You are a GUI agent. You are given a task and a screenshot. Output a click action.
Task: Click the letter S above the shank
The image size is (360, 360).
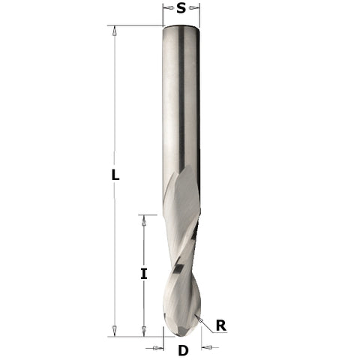pyautogui.click(x=181, y=9)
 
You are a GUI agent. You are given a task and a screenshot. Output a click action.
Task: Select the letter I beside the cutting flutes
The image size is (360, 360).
pyautogui.click(x=143, y=274)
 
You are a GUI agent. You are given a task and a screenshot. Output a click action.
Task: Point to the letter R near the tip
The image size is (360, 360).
pyautogui.click(x=220, y=325)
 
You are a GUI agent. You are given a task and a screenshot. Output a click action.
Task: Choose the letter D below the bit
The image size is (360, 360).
pyautogui.click(x=182, y=350)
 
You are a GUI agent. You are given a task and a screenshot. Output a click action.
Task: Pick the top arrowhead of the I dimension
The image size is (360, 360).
pyautogui.click(x=143, y=220)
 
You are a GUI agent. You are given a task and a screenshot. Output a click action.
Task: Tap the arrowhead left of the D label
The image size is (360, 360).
pyautogui.click(x=160, y=348)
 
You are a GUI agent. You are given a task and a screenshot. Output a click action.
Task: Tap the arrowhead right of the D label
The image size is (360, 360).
pyautogui.click(x=207, y=348)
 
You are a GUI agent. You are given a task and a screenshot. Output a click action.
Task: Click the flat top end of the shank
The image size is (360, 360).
pyautogui.click(x=181, y=27)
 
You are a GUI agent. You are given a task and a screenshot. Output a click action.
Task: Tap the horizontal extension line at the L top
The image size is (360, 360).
pyautogui.click(x=139, y=26)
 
